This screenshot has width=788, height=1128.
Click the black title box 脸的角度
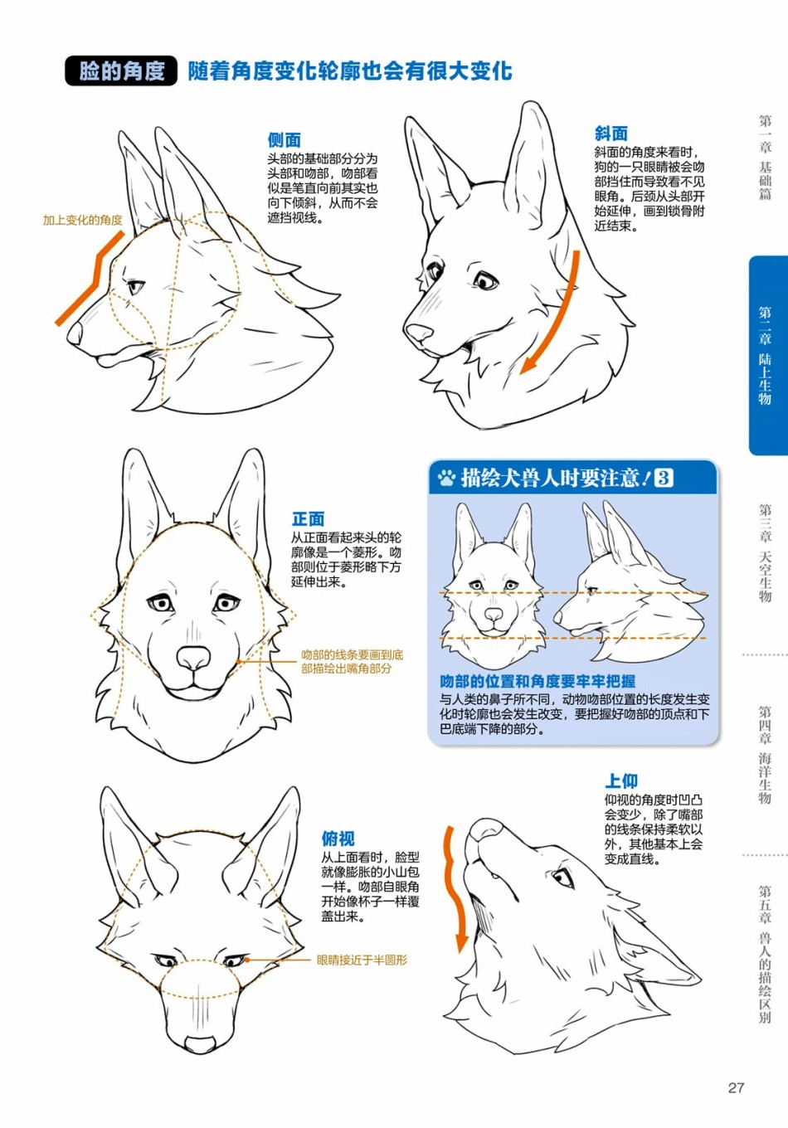121,70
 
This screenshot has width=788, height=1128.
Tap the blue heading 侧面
284,139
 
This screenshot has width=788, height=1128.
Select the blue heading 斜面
611,133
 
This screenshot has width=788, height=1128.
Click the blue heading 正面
308,518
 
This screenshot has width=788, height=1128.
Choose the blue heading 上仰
621,781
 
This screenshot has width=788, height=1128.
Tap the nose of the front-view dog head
193,658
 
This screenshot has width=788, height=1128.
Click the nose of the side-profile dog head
74,333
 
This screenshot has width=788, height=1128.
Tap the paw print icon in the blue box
446,478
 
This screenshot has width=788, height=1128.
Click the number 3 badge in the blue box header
664,477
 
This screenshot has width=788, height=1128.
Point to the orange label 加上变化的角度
83,220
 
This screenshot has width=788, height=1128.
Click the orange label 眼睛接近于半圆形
362,960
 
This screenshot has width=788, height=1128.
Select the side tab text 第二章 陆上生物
765,356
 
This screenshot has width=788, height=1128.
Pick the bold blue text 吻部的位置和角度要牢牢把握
537,681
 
